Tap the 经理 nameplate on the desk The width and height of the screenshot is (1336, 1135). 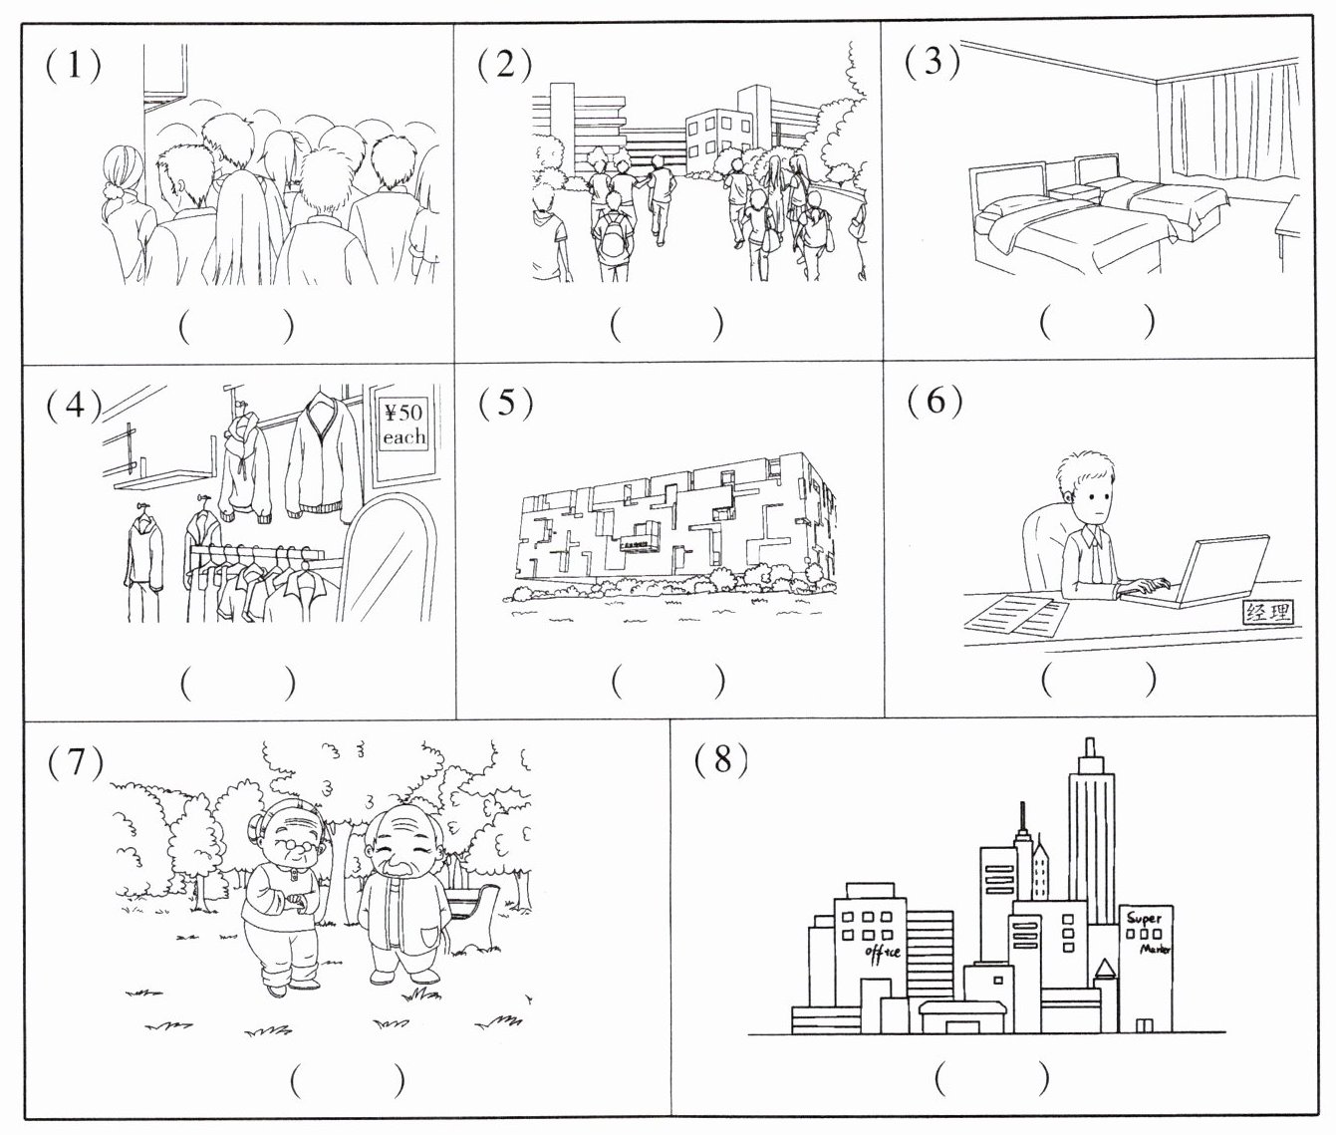coord(1267,612)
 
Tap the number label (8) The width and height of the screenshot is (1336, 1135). coord(722,759)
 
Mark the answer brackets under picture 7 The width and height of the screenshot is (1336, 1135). coord(348,1080)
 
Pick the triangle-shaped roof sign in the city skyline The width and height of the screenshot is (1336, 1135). coord(1105,971)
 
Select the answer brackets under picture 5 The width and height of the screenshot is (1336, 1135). coord(668,682)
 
